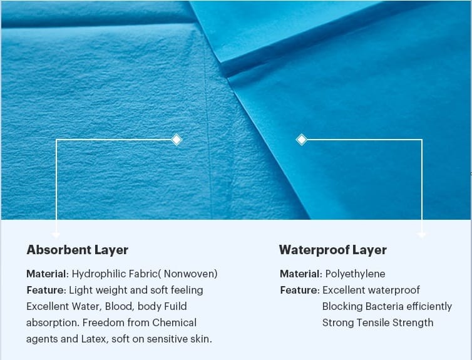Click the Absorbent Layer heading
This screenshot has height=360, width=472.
click(x=78, y=250)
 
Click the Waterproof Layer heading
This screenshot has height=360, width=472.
click(x=332, y=250)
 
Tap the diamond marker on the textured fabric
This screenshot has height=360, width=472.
click(x=177, y=140)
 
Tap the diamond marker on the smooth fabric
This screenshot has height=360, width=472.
click(x=302, y=140)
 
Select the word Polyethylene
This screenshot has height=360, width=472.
click(x=355, y=274)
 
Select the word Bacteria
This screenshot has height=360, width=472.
click(x=384, y=306)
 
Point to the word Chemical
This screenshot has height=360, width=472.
click(x=174, y=322)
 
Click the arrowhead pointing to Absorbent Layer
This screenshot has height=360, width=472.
click(x=56, y=235)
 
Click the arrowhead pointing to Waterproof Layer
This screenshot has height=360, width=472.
click(x=422, y=235)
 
